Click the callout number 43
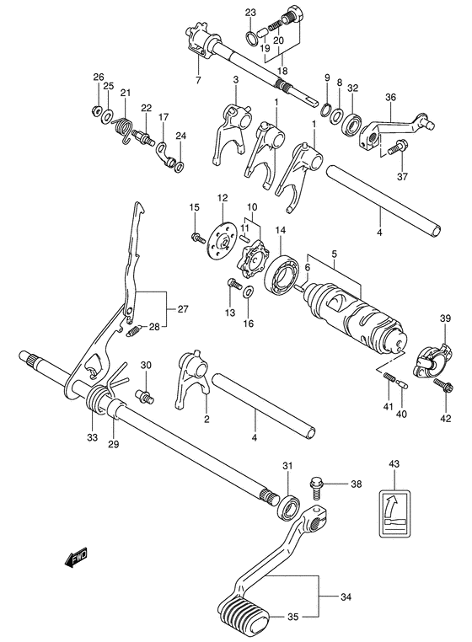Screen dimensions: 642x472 (x=395, y=465)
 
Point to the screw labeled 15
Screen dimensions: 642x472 (x=198, y=238)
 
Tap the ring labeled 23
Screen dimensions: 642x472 (x=250, y=36)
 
